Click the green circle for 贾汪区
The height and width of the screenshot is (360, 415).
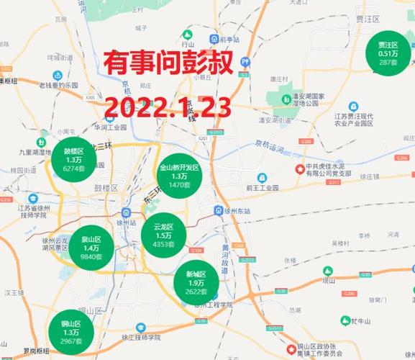coord(388,53)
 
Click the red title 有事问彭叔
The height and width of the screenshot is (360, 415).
coord(168,64)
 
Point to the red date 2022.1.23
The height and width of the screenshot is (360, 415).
coord(169,108)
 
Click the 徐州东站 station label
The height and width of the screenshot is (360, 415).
coord(238,210)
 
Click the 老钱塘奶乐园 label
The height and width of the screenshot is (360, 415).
coord(63,85)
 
